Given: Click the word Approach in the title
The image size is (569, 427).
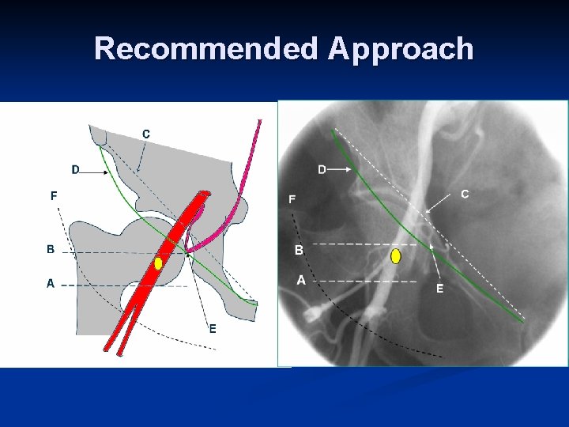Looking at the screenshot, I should click(x=401, y=49).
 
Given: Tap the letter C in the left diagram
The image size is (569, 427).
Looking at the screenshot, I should click(x=146, y=134).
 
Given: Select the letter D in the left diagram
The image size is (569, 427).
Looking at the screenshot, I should click(x=75, y=169).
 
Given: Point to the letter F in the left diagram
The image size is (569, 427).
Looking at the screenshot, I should click(x=54, y=195).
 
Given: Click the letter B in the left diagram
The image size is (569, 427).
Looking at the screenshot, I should click(x=51, y=249).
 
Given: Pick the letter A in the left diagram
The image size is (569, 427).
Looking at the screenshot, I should click(x=51, y=283).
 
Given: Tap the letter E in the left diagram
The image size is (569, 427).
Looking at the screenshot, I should click(x=213, y=329).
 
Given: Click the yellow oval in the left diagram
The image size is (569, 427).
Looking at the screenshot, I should click(x=159, y=263).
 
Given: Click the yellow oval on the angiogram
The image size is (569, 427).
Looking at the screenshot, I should click(x=396, y=256).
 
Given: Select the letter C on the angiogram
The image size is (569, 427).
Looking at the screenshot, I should click(x=465, y=194).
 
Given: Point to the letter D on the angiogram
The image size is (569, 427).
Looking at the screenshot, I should click(x=322, y=169).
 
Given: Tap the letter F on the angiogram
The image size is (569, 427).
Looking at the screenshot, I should click(x=292, y=199).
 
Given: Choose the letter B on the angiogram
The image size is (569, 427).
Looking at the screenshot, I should click(x=299, y=250).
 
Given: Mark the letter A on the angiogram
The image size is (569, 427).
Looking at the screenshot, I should click(x=301, y=279).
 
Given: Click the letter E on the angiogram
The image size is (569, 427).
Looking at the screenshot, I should click(x=440, y=289).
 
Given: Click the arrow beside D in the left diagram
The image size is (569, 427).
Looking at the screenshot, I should click(x=94, y=171).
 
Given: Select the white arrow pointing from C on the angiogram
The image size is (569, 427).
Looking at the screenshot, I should click(x=441, y=202).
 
